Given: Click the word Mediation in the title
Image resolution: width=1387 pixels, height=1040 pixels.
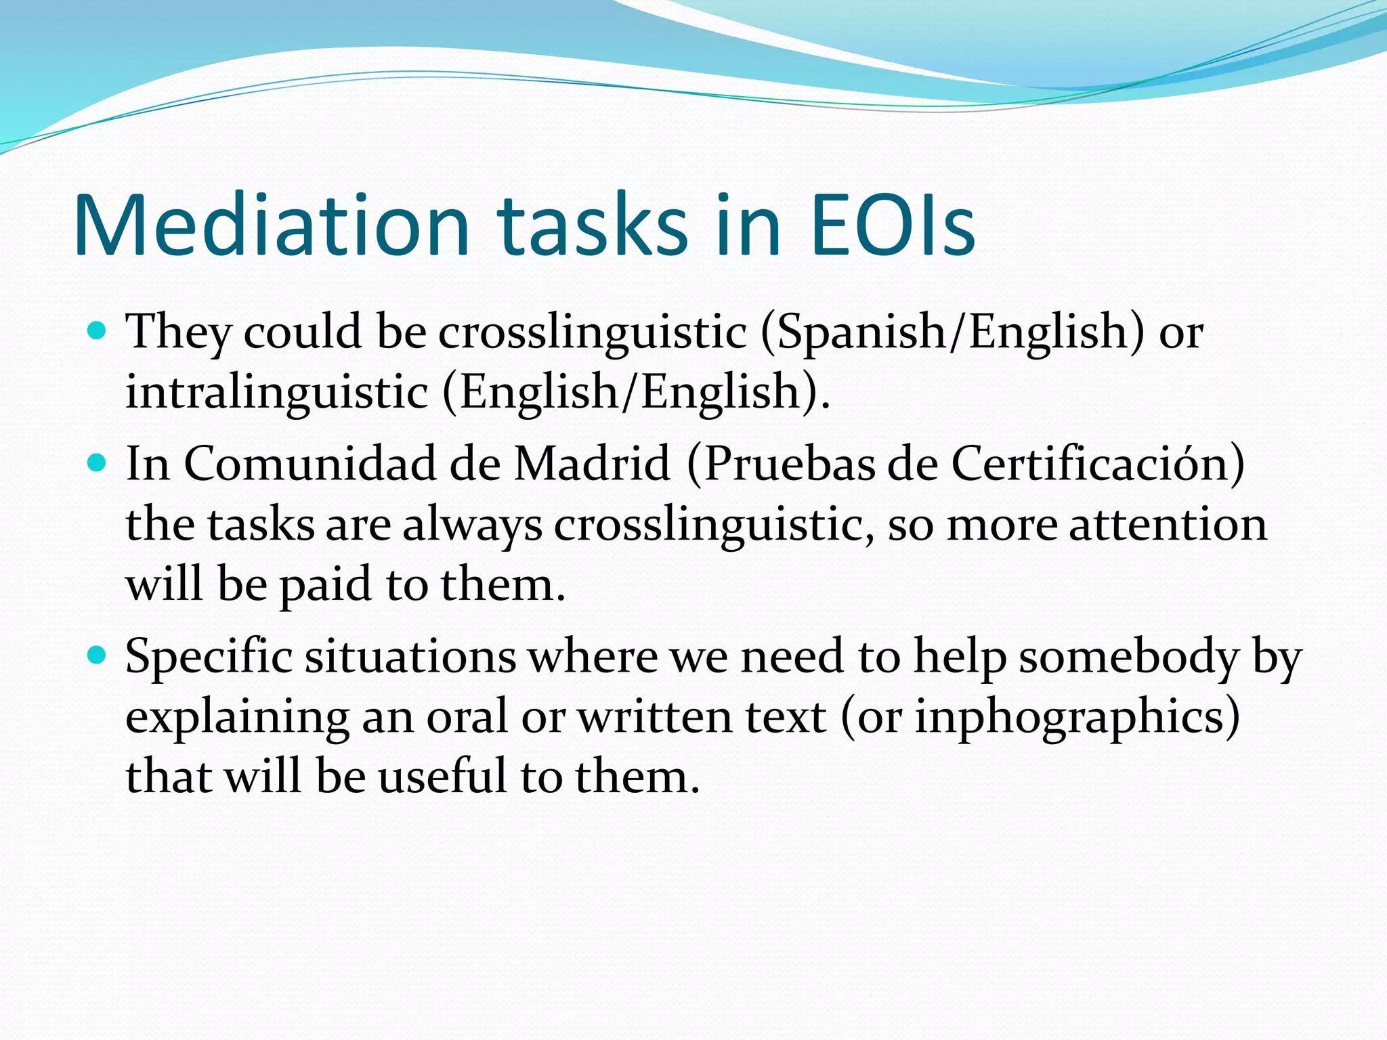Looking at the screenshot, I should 271,225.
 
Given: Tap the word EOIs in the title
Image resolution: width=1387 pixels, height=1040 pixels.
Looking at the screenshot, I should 892,225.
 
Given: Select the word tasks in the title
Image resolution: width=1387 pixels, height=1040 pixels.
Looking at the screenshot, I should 592,225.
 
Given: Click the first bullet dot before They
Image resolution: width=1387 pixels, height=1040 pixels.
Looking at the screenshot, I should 98,331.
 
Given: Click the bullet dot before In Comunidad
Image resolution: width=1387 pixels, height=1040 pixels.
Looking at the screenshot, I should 98,463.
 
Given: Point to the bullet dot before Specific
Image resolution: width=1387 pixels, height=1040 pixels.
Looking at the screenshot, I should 98,655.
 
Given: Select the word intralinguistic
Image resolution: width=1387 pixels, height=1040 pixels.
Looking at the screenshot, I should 277,393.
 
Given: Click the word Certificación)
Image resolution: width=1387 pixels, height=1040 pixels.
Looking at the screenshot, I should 1098,464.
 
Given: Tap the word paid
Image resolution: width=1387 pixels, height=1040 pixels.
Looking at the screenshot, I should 325,586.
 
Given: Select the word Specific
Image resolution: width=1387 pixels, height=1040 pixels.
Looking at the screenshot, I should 209,657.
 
